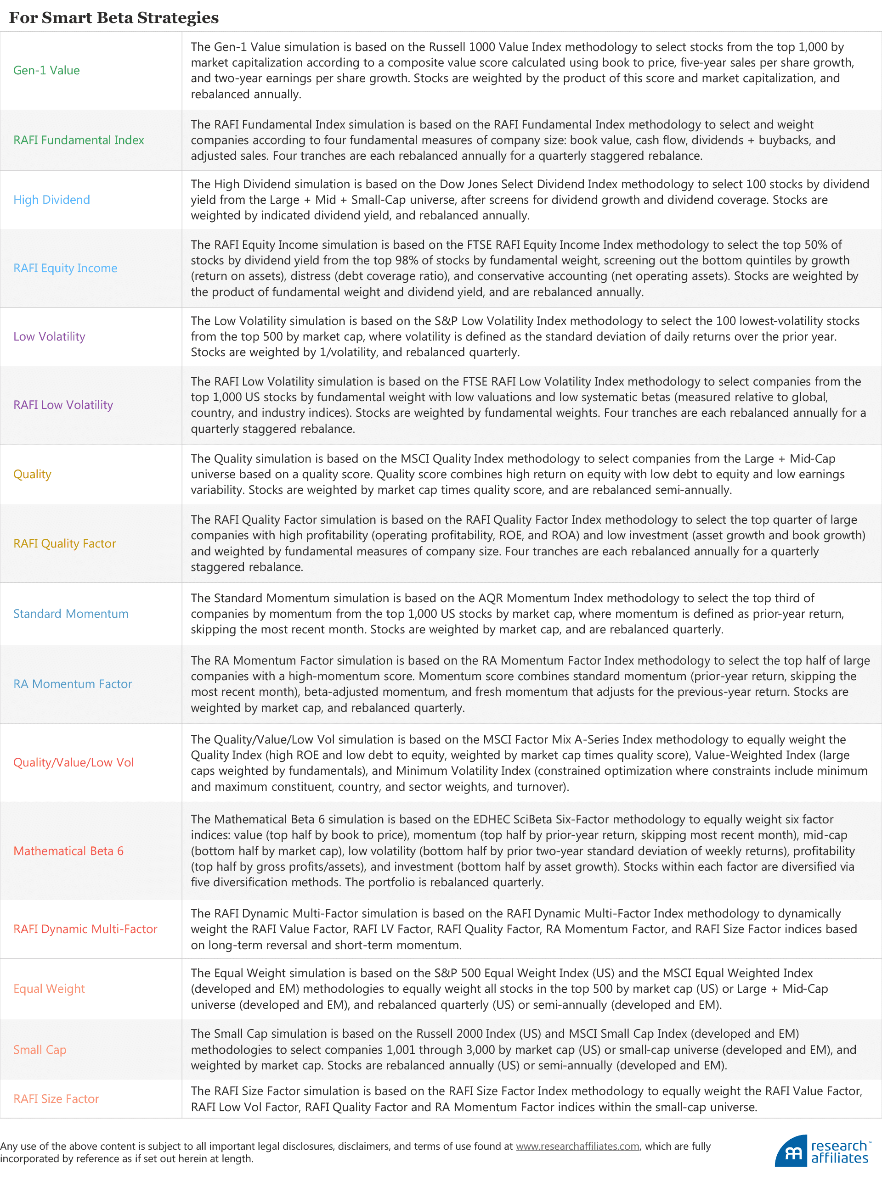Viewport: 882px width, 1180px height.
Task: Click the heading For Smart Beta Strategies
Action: pyautogui.click(x=114, y=17)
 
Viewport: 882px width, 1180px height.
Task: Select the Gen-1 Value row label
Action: pyautogui.click(x=46, y=70)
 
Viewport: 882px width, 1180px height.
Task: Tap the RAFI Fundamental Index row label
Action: pyautogui.click(x=79, y=140)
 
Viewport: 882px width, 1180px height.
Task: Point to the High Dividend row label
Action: pyautogui.click(x=51, y=200)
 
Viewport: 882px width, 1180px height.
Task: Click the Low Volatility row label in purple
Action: pyautogui.click(x=49, y=336)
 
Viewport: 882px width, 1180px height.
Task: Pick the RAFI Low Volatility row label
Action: pyautogui.click(x=63, y=404)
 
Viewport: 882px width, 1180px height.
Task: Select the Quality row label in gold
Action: pyautogui.click(x=32, y=474)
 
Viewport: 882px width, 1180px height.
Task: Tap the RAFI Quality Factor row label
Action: pyautogui.click(x=65, y=543)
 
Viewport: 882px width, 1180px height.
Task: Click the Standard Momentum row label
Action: pyautogui.click(x=70, y=614)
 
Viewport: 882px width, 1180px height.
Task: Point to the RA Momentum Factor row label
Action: pyautogui.click(x=73, y=683)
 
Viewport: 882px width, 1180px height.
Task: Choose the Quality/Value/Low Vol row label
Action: pyautogui.click(x=73, y=762)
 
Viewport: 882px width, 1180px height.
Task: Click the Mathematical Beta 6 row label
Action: pyautogui.click(x=68, y=851)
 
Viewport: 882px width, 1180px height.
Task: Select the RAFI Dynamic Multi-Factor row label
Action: pyautogui.click(x=85, y=929)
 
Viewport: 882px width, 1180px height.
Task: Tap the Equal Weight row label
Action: pyautogui.click(x=49, y=989)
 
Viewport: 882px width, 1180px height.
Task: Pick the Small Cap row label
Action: pyautogui.click(x=40, y=1049)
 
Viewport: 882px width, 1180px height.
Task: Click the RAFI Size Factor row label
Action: pyautogui.click(x=56, y=1098)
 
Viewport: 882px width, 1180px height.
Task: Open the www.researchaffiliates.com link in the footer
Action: pyautogui.click(x=577, y=1146)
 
